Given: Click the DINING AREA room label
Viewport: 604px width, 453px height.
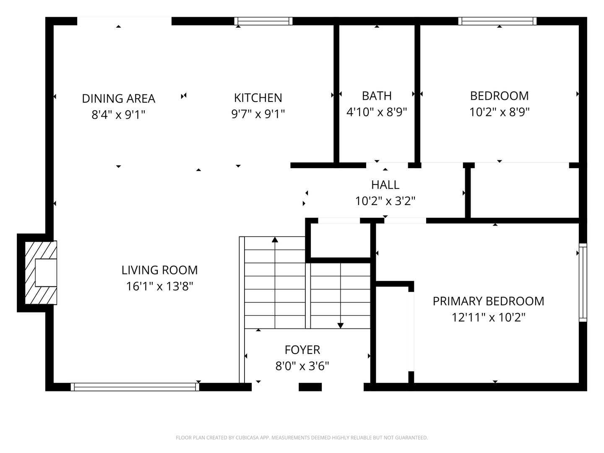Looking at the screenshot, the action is [x=119, y=99].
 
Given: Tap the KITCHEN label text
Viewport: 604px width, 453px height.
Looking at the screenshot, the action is [x=258, y=98].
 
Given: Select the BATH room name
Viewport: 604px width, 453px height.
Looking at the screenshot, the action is [x=377, y=96].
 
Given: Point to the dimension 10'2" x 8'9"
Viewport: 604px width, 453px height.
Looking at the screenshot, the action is [x=500, y=112].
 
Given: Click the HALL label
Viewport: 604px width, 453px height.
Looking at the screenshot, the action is [x=385, y=185].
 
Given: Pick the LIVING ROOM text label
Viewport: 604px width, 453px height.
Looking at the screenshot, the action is [x=160, y=270].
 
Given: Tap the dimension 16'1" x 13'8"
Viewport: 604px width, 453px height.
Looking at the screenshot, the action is [x=160, y=286].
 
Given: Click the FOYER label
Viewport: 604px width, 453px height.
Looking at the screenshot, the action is [x=302, y=350].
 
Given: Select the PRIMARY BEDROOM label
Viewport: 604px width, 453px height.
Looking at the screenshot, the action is [x=488, y=301].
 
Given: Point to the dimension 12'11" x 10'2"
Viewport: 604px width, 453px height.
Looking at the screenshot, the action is [x=488, y=318].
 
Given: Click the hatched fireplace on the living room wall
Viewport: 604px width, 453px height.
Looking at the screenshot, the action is [x=41, y=273].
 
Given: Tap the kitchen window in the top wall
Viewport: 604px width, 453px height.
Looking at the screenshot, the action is [x=263, y=21].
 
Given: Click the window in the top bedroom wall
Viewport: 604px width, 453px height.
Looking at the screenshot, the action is [x=497, y=21].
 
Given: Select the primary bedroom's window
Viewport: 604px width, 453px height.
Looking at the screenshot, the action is [x=583, y=282].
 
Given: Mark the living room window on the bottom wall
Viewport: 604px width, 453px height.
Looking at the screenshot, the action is [x=135, y=387].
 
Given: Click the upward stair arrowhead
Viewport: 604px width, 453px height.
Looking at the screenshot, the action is [x=275, y=240].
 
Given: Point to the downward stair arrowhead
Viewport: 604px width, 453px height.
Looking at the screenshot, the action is [x=341, y=325].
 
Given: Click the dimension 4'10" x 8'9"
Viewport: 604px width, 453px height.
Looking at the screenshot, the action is [x=377, y=112].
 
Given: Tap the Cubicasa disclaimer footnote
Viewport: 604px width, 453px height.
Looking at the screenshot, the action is [x=302, y=437].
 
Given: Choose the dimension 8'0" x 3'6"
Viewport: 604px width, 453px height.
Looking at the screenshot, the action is [x=302, y=366].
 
